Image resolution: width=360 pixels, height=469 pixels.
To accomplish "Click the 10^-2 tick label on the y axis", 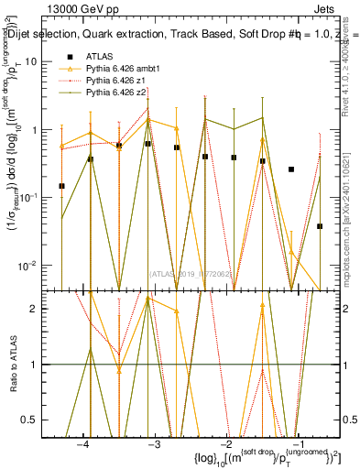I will [33, 266].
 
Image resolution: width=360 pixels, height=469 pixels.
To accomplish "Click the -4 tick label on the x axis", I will [83, 443].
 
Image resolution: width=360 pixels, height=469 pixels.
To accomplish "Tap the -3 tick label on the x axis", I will [155, 443].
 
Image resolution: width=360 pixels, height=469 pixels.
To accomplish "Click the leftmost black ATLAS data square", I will [61, 186].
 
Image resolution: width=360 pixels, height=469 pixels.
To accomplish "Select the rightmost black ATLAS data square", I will [320, 226].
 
